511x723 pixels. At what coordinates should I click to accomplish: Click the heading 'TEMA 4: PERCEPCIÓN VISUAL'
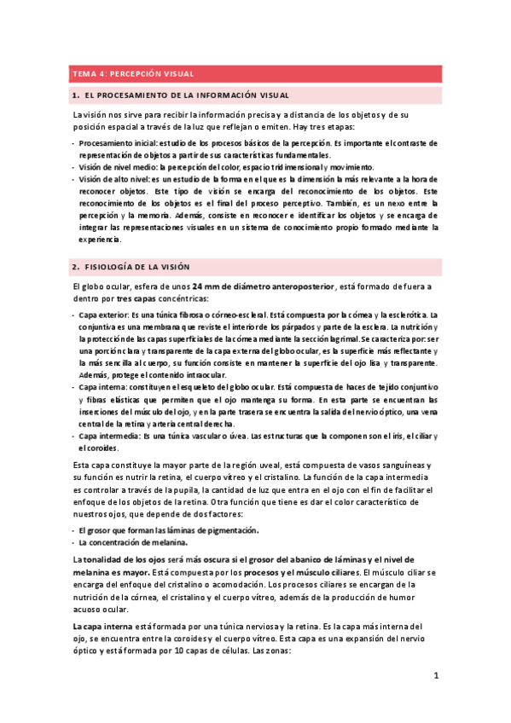coord(132,73)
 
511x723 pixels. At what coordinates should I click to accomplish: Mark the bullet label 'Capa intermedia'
coord(109,436)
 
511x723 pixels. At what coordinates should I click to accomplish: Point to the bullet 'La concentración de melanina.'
coord(132,541)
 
